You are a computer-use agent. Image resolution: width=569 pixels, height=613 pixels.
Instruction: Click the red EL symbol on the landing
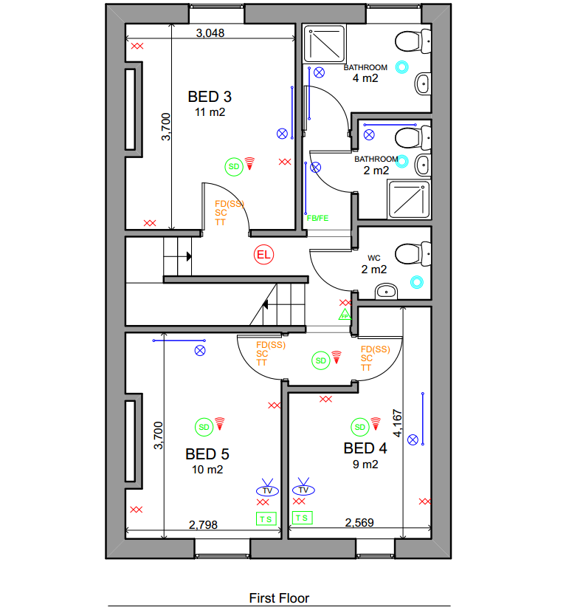point(263,255)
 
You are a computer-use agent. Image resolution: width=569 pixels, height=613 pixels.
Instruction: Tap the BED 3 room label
point(210,97)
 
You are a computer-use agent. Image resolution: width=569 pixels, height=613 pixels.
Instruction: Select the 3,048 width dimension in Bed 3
point(210,32)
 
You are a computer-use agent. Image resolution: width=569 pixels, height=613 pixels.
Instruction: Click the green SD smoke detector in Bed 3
point(234,167)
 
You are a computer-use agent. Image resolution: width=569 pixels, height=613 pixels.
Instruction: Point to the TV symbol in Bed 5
point(267,488)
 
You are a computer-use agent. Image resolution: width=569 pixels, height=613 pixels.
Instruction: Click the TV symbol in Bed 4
point(303,487)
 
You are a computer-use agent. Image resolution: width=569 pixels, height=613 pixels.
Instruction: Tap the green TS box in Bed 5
point(266,518)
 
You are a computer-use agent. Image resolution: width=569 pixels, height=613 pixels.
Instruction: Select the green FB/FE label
point(317,218)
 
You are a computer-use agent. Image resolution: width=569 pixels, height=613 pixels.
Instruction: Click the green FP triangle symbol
point(345,315)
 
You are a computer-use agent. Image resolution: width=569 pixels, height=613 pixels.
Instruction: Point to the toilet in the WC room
point(413,254)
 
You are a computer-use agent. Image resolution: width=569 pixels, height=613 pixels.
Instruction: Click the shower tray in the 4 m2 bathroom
point(325,44)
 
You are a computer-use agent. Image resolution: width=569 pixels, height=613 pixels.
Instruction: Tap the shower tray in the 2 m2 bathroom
point(409,199)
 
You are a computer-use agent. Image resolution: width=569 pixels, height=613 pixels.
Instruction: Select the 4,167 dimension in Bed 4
point(397,423)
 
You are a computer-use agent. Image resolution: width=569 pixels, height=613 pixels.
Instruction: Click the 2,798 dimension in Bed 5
point(203,524)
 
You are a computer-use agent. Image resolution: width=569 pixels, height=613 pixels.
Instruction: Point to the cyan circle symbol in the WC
point(417,282)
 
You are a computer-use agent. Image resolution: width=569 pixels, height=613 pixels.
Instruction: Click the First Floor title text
point(279,598)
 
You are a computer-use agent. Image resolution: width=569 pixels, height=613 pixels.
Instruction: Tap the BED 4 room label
point(365,448)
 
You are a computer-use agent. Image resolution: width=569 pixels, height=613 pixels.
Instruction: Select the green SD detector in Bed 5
point(204,428)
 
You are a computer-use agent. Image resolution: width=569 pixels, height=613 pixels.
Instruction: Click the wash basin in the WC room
point(386,291)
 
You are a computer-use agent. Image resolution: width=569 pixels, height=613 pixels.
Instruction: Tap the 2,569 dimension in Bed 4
point(359,523)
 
